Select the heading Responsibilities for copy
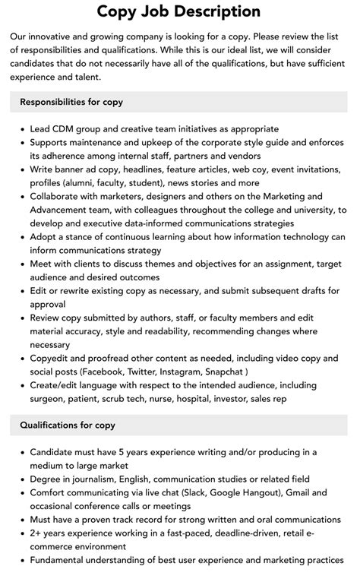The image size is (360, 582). (x=71, y=102)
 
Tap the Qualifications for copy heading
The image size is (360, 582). (x=68, y=425)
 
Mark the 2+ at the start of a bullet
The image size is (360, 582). (x=36, y=533)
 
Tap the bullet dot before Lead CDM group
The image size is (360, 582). (x=21, y=129)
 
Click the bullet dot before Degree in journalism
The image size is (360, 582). (x=21, y=479)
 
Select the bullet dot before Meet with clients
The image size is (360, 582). (x=21, y=264)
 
